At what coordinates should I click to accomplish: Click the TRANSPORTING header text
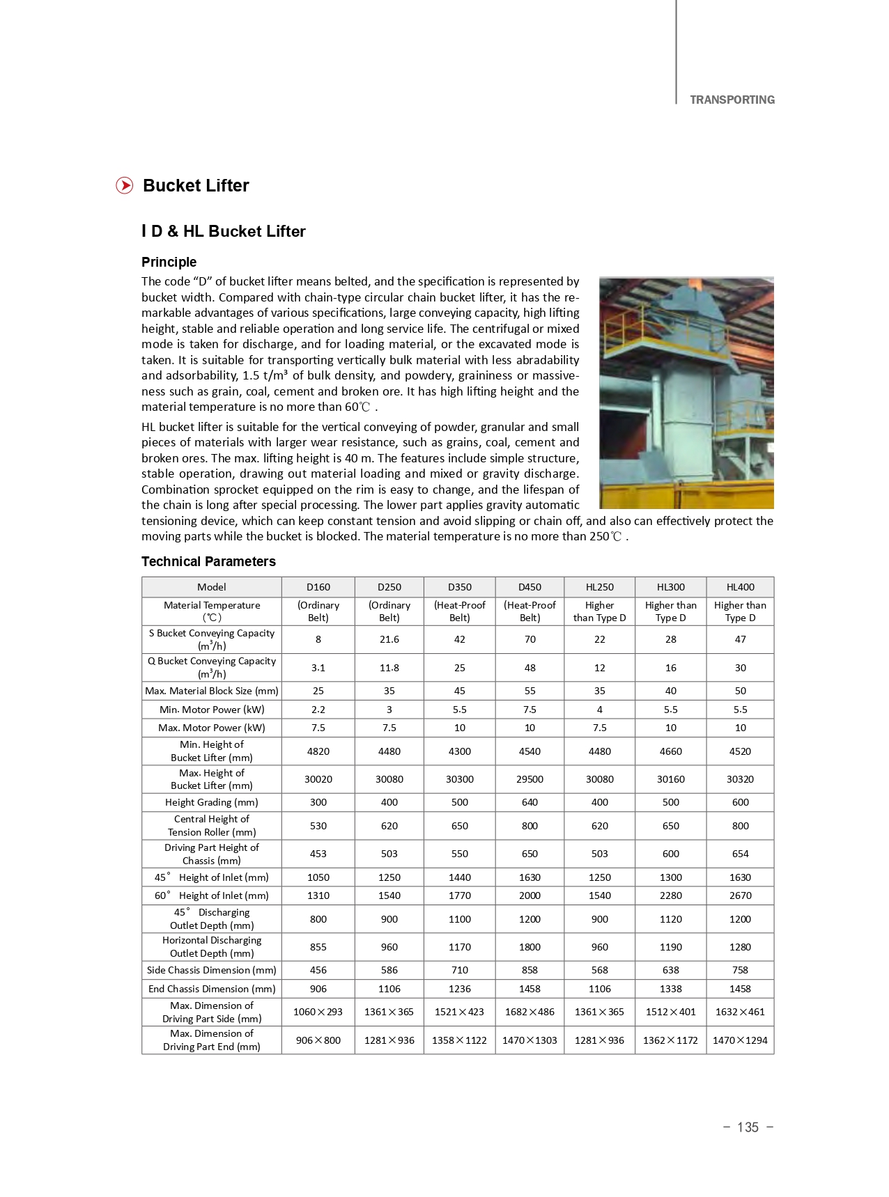pos(732,100)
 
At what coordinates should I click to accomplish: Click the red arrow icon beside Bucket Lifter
pos(124,185)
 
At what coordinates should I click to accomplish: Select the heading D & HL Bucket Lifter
pos(224,231)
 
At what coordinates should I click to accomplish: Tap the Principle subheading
pos(169,262)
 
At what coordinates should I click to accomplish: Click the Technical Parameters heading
pos(208,561)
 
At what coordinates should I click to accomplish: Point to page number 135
pos(748,1127)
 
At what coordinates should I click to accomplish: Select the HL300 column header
pos(670,587)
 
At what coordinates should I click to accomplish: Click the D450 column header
pos(529,587)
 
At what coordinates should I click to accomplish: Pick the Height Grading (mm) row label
pos(211,802)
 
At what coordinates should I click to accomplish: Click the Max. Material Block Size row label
pos(211,691)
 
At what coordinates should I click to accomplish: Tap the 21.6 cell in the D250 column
pos(389,639)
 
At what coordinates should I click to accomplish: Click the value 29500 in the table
pos(529,779)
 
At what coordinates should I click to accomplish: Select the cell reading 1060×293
pos(318,1012)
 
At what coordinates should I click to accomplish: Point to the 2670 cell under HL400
pos(740,895)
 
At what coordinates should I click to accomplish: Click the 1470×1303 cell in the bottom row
pos(529,1040)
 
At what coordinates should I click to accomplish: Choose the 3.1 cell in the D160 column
pos(318,667)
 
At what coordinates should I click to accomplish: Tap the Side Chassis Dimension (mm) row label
pos(211,970)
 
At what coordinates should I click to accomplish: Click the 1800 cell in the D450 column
pos(529,947)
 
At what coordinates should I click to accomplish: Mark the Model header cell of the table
pos(211,587)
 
